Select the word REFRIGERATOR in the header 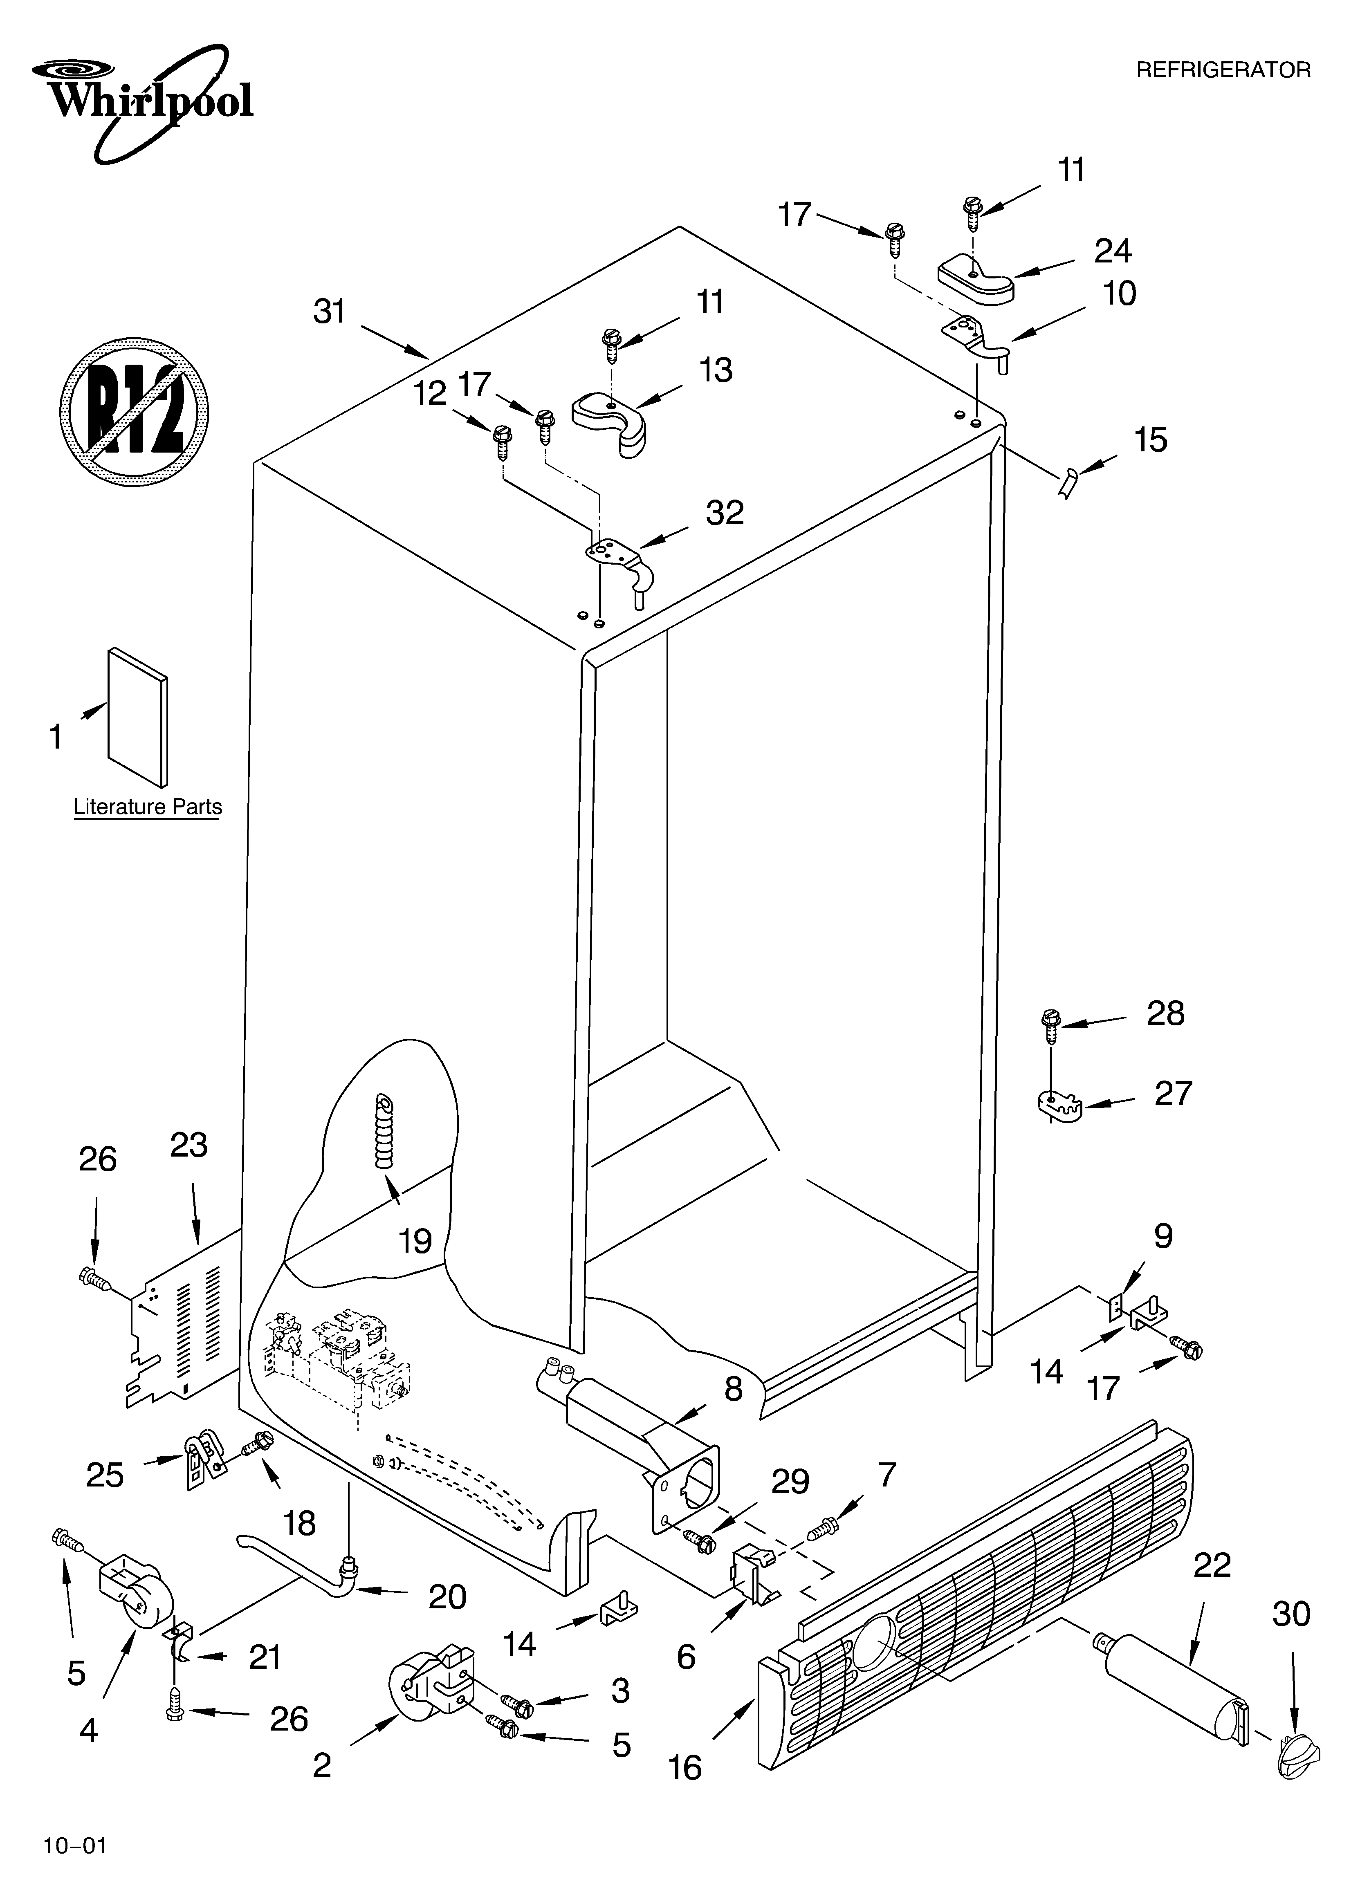(1223, 71)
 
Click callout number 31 (329, 312)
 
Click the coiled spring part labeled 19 (385, 1133)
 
